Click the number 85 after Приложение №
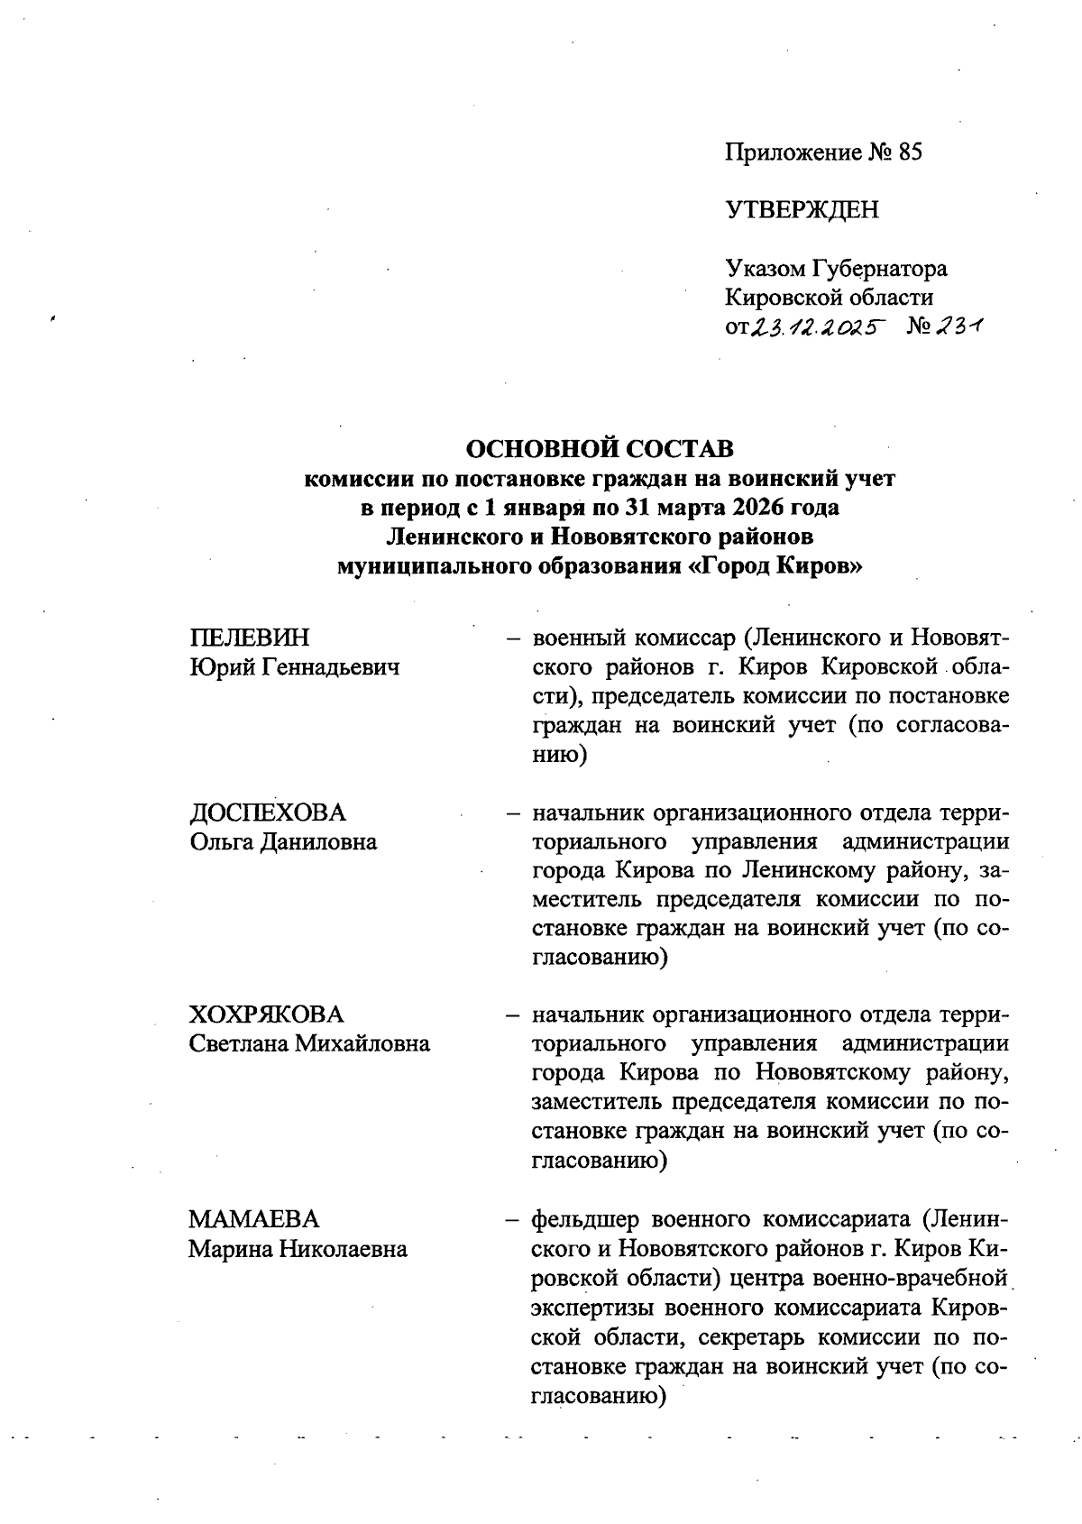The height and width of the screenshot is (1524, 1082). [x=909, y=152]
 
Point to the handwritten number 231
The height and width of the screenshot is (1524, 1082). [x=958, y=328]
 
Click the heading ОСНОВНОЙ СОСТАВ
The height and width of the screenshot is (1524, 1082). [x=599, y=448]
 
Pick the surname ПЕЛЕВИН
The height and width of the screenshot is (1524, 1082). [x=249, y=638]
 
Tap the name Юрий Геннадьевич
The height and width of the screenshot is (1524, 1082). [x=295, y=668]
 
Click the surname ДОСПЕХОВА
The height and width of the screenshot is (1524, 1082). [x=268, y=812]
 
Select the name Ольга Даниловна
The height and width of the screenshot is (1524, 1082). [x=283, y=842]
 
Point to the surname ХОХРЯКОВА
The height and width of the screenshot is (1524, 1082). [x=266, y=1014]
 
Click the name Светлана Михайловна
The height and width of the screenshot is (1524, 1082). [x=309, y=1044]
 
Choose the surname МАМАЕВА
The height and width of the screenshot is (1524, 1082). [x=254, y=1220]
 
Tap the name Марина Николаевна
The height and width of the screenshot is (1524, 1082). [x=298, y=1250]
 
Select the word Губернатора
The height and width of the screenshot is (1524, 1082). [x=879, y=269]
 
